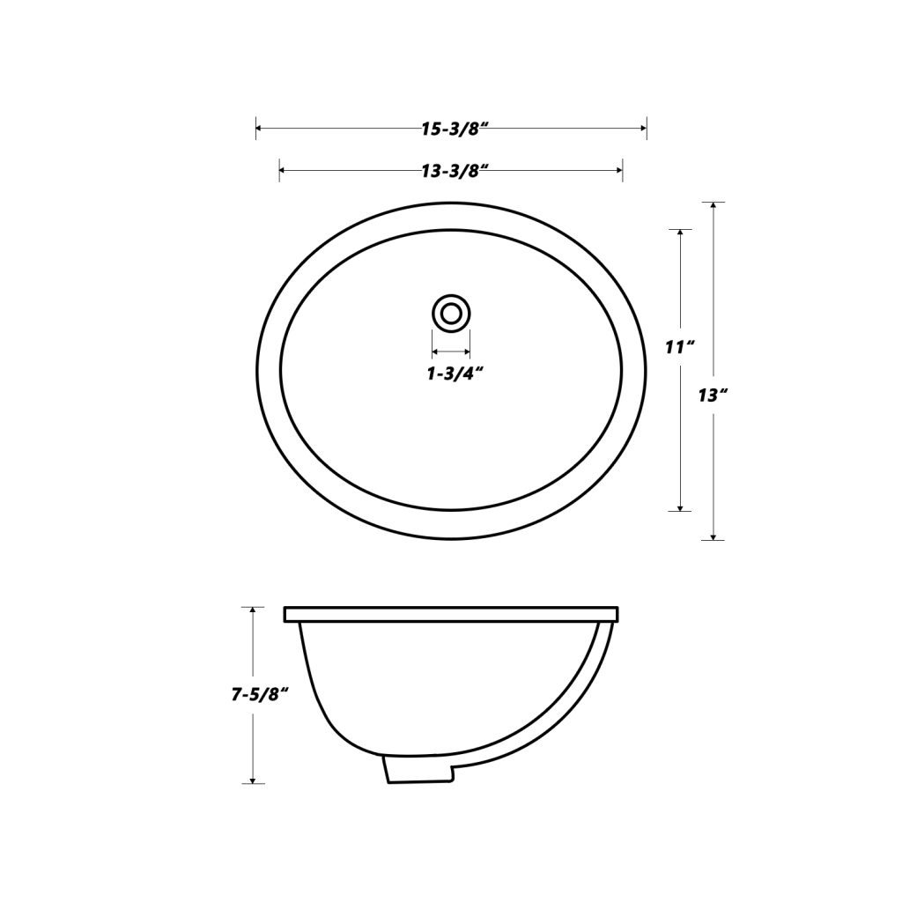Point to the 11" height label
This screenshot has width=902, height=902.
coord(680,347)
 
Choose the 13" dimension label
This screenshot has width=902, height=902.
coord(713,396)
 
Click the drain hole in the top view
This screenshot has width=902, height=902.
coord(451,313)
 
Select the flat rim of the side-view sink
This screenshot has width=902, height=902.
coord(451,614)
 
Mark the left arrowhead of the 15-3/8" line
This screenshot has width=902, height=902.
coord(259,129)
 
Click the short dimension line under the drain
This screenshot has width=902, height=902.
coord(451,351)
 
